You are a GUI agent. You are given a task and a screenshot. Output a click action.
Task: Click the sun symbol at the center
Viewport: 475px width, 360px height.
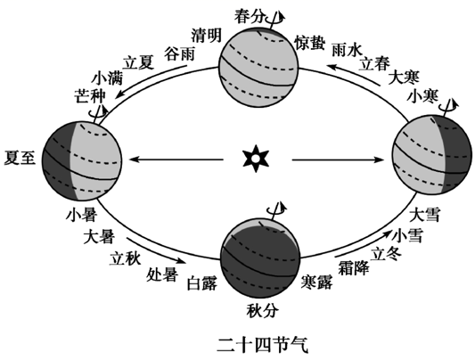(x=256, y=159)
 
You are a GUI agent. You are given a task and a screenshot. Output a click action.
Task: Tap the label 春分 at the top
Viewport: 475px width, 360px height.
(x=250, y=16)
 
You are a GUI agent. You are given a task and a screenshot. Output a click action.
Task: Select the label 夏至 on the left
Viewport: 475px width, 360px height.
(x=20, y=158)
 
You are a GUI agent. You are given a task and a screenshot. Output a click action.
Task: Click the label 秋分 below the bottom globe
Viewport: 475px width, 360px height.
(x=262, y=311)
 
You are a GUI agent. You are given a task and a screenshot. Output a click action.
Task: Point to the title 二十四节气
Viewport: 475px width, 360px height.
(x=262, y=345)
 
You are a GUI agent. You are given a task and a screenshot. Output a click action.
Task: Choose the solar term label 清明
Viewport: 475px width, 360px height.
(x=206, y=36)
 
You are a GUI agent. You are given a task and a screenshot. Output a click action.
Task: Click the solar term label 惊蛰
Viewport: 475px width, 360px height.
(x=310, y=43)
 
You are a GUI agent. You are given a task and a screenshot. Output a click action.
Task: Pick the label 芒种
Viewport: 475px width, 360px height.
(x=90, y=95)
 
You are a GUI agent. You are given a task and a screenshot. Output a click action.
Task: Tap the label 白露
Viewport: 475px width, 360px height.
(x=202, y=283)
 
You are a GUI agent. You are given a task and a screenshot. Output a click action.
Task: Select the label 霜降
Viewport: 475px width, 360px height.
(x=354, y=267)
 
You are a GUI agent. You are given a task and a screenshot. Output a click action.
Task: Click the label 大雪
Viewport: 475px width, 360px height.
(x=424, y=215)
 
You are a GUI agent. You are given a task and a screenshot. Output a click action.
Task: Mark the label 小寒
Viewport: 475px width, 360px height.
(x=422, y=96)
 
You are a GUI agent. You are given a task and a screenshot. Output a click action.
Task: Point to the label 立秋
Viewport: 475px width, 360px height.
(x=125, y=259)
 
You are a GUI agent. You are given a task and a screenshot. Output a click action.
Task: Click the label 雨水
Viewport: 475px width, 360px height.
(x=347, y=50)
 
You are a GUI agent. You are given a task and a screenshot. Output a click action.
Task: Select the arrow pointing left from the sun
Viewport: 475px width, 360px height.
(x=176, y=159)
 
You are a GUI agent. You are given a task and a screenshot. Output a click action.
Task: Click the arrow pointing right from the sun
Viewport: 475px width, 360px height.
(x=338, y=160)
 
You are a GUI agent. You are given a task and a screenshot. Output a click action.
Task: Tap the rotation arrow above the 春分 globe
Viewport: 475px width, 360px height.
(x=275, y=19)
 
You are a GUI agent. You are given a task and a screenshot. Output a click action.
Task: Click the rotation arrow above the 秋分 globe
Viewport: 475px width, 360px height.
(x=277, y=209)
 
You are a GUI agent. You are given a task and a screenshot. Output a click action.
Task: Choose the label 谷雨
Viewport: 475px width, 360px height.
(x=179, y=54)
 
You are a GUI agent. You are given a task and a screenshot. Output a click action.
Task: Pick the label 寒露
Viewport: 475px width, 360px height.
(x=316, y=282)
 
